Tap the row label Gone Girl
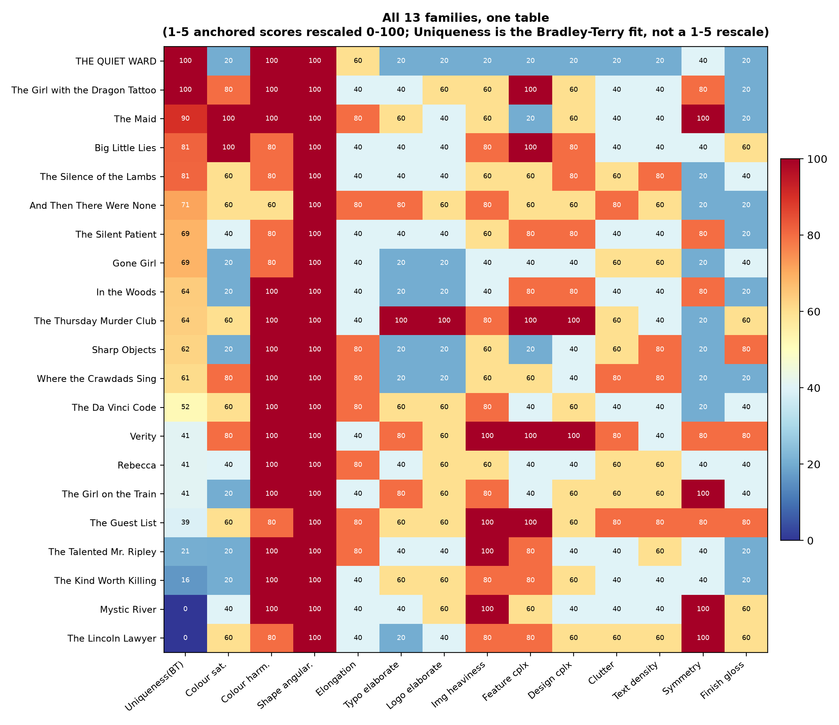point(136,263)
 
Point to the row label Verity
point(145,436)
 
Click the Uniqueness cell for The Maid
point(185,119)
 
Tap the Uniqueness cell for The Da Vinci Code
point(185,407)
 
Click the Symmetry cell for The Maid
point(703,119)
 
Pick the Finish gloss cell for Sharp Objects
point(746,349)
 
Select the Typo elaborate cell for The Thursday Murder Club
point(401,321)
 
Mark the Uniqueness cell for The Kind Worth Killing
point(185,580)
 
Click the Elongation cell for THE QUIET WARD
point(358,61)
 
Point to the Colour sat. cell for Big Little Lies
point(228,148)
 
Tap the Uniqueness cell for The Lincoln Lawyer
point(185,638)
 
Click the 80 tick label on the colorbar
point(811,235)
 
